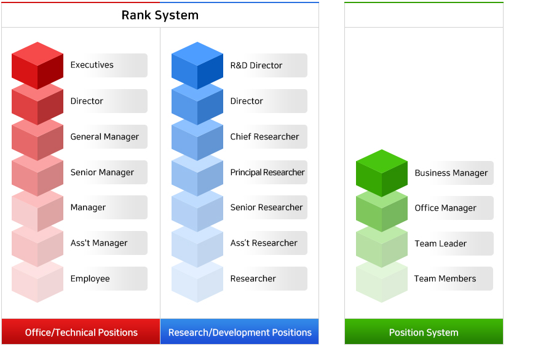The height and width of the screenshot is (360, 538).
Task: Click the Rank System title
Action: (160, 15)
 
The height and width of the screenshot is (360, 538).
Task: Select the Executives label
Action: (92, 65)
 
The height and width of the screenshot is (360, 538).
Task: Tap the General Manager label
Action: (105, 137)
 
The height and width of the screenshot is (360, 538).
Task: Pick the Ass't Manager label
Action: (99, 243)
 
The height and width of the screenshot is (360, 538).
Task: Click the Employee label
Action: (90, 279)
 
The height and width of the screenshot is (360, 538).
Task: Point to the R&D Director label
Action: (256, 66)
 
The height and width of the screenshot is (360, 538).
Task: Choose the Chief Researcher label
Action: (264, 137)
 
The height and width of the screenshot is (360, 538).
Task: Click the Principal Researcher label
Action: (267, 173)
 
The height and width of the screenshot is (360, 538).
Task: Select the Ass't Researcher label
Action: (264, 243)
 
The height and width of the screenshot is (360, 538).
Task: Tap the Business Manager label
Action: (451, 173)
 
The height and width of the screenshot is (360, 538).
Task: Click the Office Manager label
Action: (445, 208)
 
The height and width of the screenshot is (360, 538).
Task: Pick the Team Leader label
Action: (441, 244)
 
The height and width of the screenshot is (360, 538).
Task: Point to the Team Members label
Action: (445, 279)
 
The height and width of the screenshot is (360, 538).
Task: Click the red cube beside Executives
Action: (38, 66)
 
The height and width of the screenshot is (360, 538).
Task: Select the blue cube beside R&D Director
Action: (197, 66)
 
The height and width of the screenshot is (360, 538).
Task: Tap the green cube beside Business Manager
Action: (382, 173)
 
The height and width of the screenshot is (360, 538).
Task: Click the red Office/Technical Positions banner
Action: (81, 332)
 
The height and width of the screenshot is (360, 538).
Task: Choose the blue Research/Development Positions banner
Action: (240, 332)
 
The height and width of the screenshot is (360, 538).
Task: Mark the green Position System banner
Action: (424, 332)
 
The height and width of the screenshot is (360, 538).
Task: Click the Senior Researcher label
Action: (266, 208)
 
